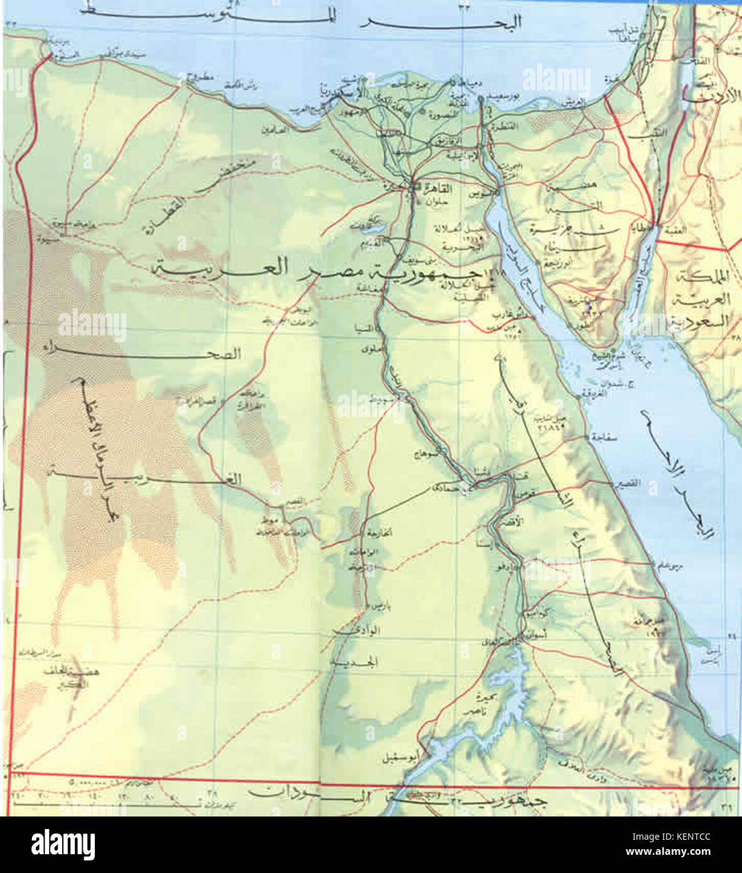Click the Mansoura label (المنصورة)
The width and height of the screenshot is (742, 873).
click(431, 116)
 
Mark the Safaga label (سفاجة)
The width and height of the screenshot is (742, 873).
click(604, 438)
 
